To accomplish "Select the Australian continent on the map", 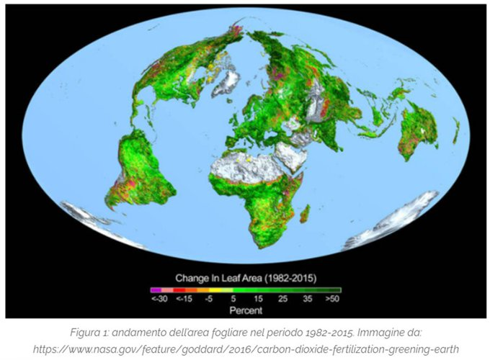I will (418, 130).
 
